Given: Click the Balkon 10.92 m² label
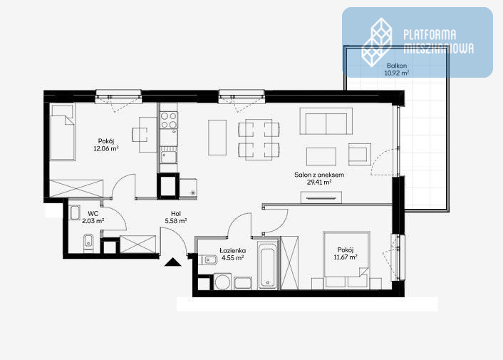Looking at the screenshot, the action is click(397, 69).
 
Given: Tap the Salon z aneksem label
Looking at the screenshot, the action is click(319, 175).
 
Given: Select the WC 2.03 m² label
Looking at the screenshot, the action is click(93, 217).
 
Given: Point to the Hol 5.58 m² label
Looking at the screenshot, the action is click(176, 217).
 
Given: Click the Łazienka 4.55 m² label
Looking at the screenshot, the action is click(232, 254).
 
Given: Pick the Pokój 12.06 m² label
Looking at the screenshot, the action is click(106, 145).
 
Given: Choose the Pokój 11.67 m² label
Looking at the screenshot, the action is click(346, 253).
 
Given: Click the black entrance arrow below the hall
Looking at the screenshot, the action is click(172, 262).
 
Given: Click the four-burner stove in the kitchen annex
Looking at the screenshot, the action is click(169, 120).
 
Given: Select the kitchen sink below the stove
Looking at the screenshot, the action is click(169, 158).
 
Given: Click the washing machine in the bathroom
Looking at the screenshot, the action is click(222, 282).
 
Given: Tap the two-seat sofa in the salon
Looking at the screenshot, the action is click(326, 121).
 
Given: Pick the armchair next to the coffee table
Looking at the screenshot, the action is click(360, 154).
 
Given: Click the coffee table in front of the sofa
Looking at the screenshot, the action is click(321, 157).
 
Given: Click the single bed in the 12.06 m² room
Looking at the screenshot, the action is click(63, 132).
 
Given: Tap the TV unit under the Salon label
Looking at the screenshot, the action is click(321, 197).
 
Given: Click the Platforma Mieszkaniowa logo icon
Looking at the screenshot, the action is click(377, 42).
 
